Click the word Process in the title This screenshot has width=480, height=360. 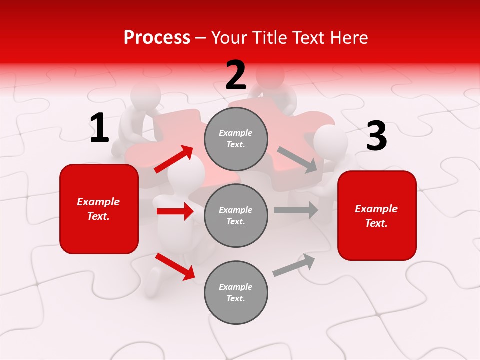pyautogui.click(x=157, y=37)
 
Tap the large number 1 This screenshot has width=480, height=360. pyautogui.click(x=99, y=128)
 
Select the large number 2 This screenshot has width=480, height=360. pyautogui.click(x=236, y=75)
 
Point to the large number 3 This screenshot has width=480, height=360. pyautogui.click(x=376, y=136)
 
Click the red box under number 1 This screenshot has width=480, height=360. pyautogui.click(x=99, y=209)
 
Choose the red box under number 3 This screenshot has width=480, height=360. pyautogui.click(x=377, y=215)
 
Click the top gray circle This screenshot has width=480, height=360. pyautogui.click(x=236, y=139)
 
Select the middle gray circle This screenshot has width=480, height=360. pyautogui.click(x=236, y=215)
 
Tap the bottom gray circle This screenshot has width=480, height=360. pyautogui.click(x=236, y=292)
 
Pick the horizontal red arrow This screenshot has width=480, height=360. pyautogui.click(x=175, y=211)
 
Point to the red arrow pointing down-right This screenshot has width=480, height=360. pyautogui.click(x=175, y=266)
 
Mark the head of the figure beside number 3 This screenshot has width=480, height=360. pyautogui.click(x=331, y=141)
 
